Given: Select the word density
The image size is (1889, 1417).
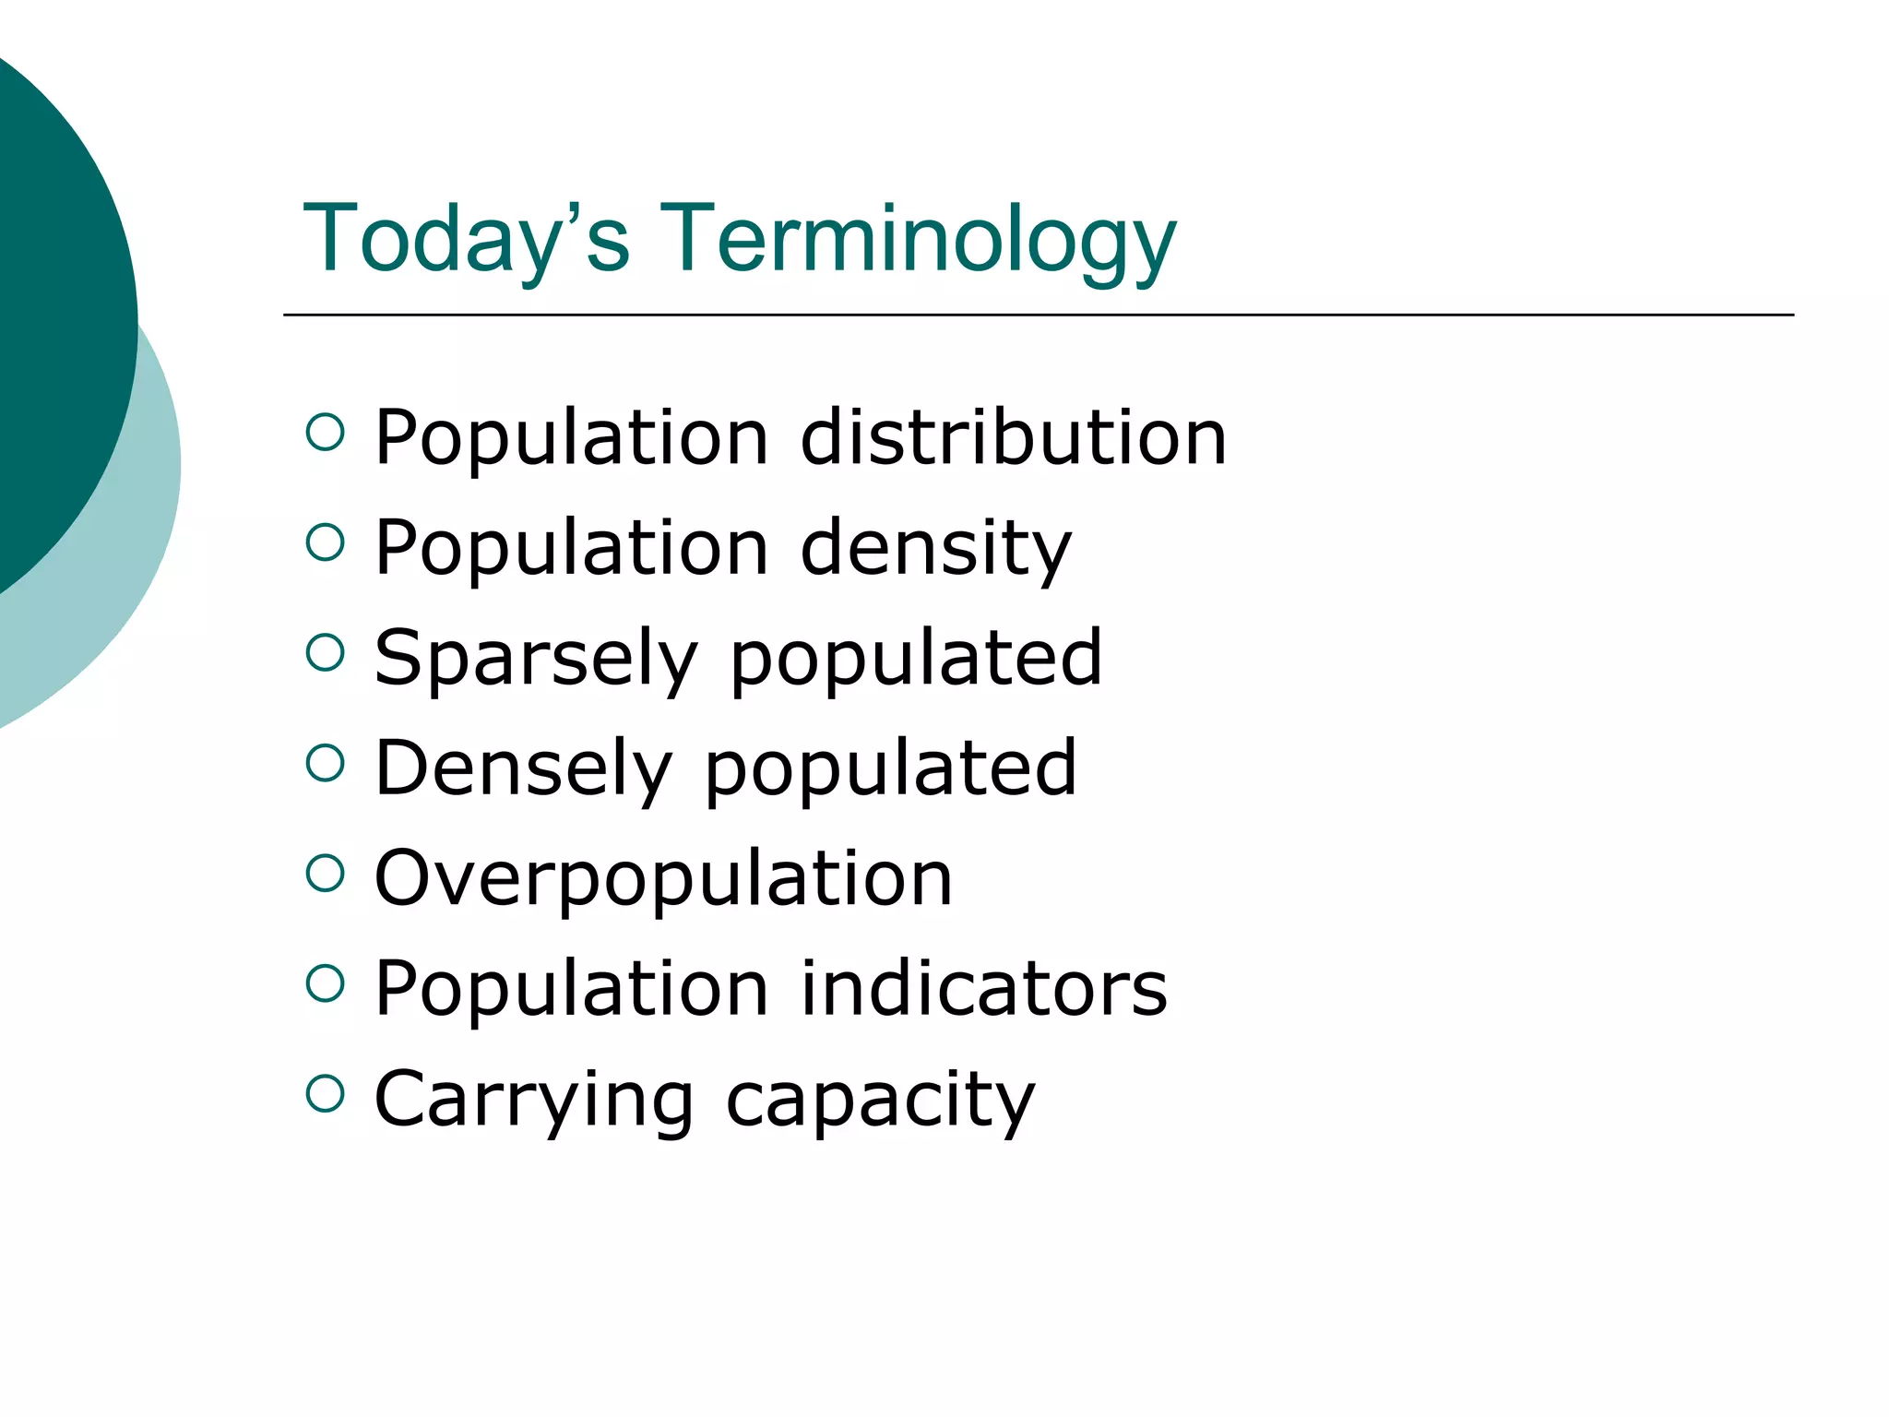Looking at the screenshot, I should click(x=936, y=547).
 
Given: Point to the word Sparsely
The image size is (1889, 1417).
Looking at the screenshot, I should click(x=536, y=657).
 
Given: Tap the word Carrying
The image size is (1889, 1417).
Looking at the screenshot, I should click(x=534, y=1098).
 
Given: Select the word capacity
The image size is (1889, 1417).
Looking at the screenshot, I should click(x=881, y=1098).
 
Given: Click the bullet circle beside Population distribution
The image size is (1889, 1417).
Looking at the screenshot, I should click(x=325, y=432).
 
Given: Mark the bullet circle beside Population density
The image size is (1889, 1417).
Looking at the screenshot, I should click(x=325, y=542).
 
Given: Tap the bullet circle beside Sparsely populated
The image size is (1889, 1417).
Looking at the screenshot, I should click(x=325, y=652).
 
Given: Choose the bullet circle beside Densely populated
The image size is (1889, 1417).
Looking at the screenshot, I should click(x=325, y=763).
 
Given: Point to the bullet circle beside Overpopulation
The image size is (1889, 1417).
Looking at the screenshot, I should click(x=325, y=873).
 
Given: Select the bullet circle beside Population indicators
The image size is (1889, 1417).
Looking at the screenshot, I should click(x=325, y=983).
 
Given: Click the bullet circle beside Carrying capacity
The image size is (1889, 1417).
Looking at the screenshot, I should click(x=325, y=1093).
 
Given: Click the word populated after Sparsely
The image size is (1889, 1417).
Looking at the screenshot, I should click(x=916, y=657).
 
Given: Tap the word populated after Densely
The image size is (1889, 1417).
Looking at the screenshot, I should click(x=891, y=768).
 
